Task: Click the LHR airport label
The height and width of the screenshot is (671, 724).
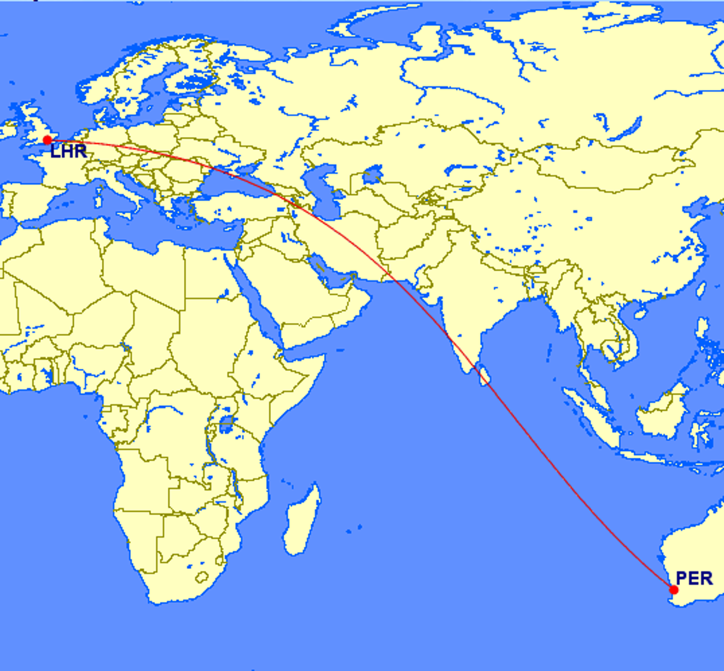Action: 68,151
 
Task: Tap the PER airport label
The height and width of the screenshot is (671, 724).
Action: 694,578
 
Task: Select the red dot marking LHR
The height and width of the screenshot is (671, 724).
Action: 47,140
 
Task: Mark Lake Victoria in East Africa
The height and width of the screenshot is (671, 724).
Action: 227,423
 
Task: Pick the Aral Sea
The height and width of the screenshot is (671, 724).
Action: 370,176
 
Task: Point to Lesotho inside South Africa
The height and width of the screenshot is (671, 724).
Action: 202,577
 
